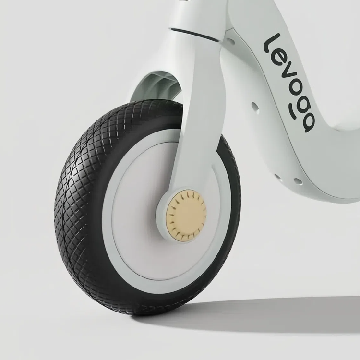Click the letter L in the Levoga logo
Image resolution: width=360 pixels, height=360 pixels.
tap(272, 44)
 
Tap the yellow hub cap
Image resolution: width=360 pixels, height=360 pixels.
tap(186, 217)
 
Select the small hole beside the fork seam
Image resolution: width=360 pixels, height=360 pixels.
tap(231, 42)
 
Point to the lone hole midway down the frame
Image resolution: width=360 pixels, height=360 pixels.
tap(255, 107)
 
